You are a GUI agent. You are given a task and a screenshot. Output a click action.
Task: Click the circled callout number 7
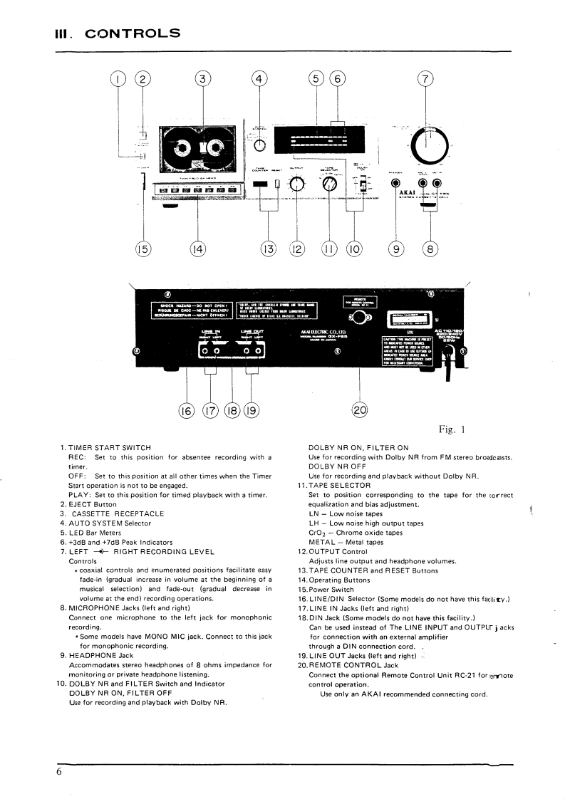pos(425,80)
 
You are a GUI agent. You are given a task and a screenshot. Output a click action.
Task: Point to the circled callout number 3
pos(204,80)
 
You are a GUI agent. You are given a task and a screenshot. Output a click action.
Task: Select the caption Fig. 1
pos(452,429)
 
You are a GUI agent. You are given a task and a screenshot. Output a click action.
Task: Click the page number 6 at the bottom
pos(61,775)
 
